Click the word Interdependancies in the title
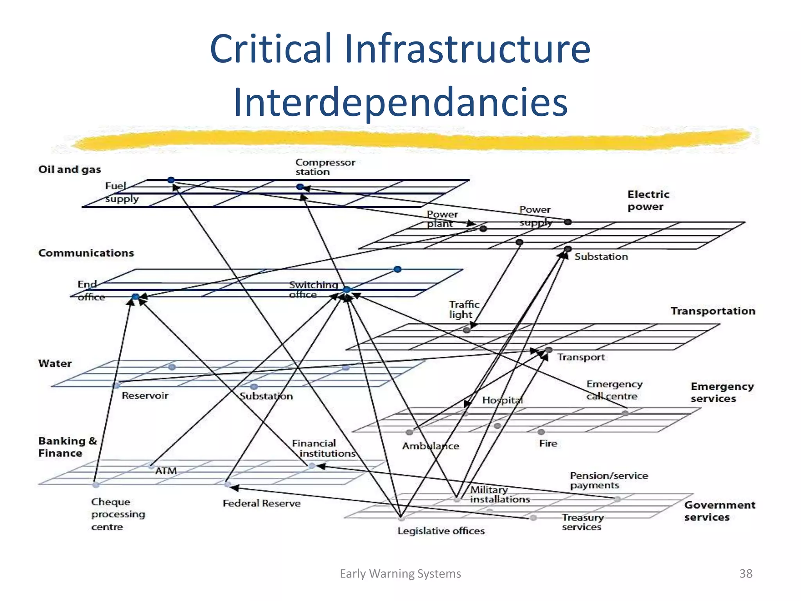(400, 102)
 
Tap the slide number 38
(745, 573)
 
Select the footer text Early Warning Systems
(400, 573)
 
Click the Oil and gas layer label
(70, 169)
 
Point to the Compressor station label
(325, 167)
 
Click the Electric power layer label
(648, 200)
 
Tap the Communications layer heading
(86, 253)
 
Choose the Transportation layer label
(713, 311)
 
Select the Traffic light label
(464, 309)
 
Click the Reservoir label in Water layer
(145, 396)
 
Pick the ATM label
(166, 471)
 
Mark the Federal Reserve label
(262, 503)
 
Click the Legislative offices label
(441, 531)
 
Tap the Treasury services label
(583, 522)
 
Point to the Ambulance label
(430, 446)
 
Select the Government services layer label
(719, 511)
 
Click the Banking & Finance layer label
(67, 447)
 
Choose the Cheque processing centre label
(118, 514)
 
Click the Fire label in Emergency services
(548, 443)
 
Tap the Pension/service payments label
(609, 480)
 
